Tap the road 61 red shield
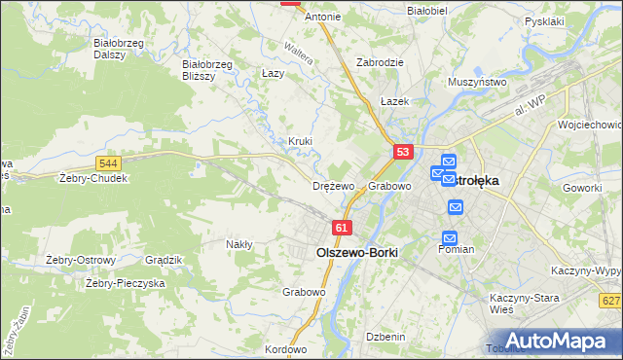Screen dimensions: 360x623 (x=341, y=228)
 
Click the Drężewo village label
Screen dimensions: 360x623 (x=333, y=185)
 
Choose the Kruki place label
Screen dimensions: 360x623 (x=300, y=141)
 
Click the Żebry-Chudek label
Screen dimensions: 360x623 (x=93, y=178)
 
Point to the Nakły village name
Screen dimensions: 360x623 (x=239, y=244)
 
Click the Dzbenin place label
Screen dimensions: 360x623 (x=385, y=336)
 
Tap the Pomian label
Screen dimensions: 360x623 (x=456, y=249)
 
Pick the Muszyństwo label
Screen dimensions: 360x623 (x=477, y=83)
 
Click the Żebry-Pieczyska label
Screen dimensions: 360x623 (x=126, y=283)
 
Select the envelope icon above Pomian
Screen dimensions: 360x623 (x=450, y=236)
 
